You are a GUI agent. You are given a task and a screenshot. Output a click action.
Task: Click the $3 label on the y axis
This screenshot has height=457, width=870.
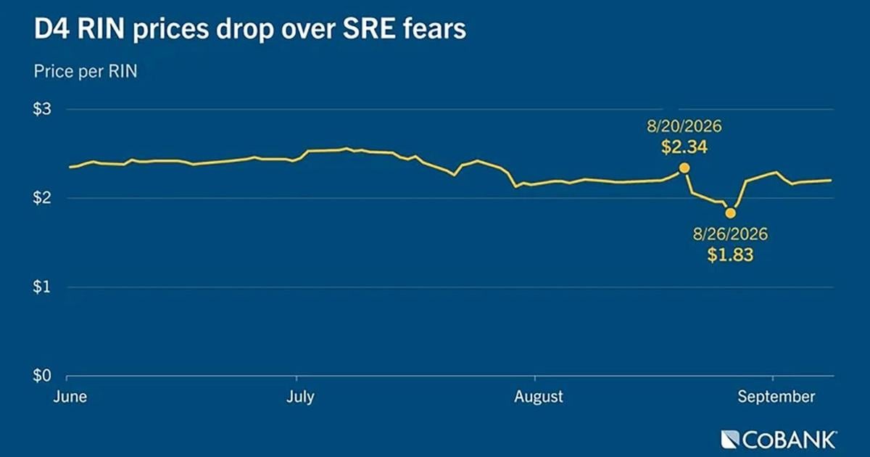(x=42, y=109)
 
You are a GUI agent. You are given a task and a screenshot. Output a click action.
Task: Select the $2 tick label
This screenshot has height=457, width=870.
(x=42, y=198)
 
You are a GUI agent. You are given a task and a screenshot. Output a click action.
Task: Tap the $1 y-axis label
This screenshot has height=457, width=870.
(x=42, y=287)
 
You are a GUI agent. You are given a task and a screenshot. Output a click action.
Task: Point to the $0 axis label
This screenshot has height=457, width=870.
(x=42, y=376)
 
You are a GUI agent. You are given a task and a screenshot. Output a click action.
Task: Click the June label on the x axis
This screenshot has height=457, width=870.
(x=70, y=396)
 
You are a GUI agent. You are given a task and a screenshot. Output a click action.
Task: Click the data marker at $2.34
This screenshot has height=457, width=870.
(x=684, y=168)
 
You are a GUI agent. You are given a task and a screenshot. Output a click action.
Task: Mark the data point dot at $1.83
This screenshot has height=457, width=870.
(x=731, y=213)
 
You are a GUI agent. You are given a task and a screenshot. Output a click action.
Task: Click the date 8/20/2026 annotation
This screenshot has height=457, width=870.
(x=684, y=126)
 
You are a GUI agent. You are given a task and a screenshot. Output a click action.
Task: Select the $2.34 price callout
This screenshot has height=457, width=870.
(x=684, y=147)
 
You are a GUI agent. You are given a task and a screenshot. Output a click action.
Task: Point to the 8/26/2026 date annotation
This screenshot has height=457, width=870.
(x=731, y=234)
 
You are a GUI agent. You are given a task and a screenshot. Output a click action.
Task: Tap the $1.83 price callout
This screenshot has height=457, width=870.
(x=730, y=255)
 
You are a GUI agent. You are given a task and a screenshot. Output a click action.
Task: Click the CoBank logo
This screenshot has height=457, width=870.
(x=779, y=440)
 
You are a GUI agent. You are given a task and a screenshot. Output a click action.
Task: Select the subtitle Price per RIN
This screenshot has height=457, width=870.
(x=86, y=72)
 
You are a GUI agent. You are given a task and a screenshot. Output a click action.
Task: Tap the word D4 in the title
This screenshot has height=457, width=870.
(x=52, y=28)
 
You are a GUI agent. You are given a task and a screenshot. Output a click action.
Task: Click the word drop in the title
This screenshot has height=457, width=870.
(x=245, y=30)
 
